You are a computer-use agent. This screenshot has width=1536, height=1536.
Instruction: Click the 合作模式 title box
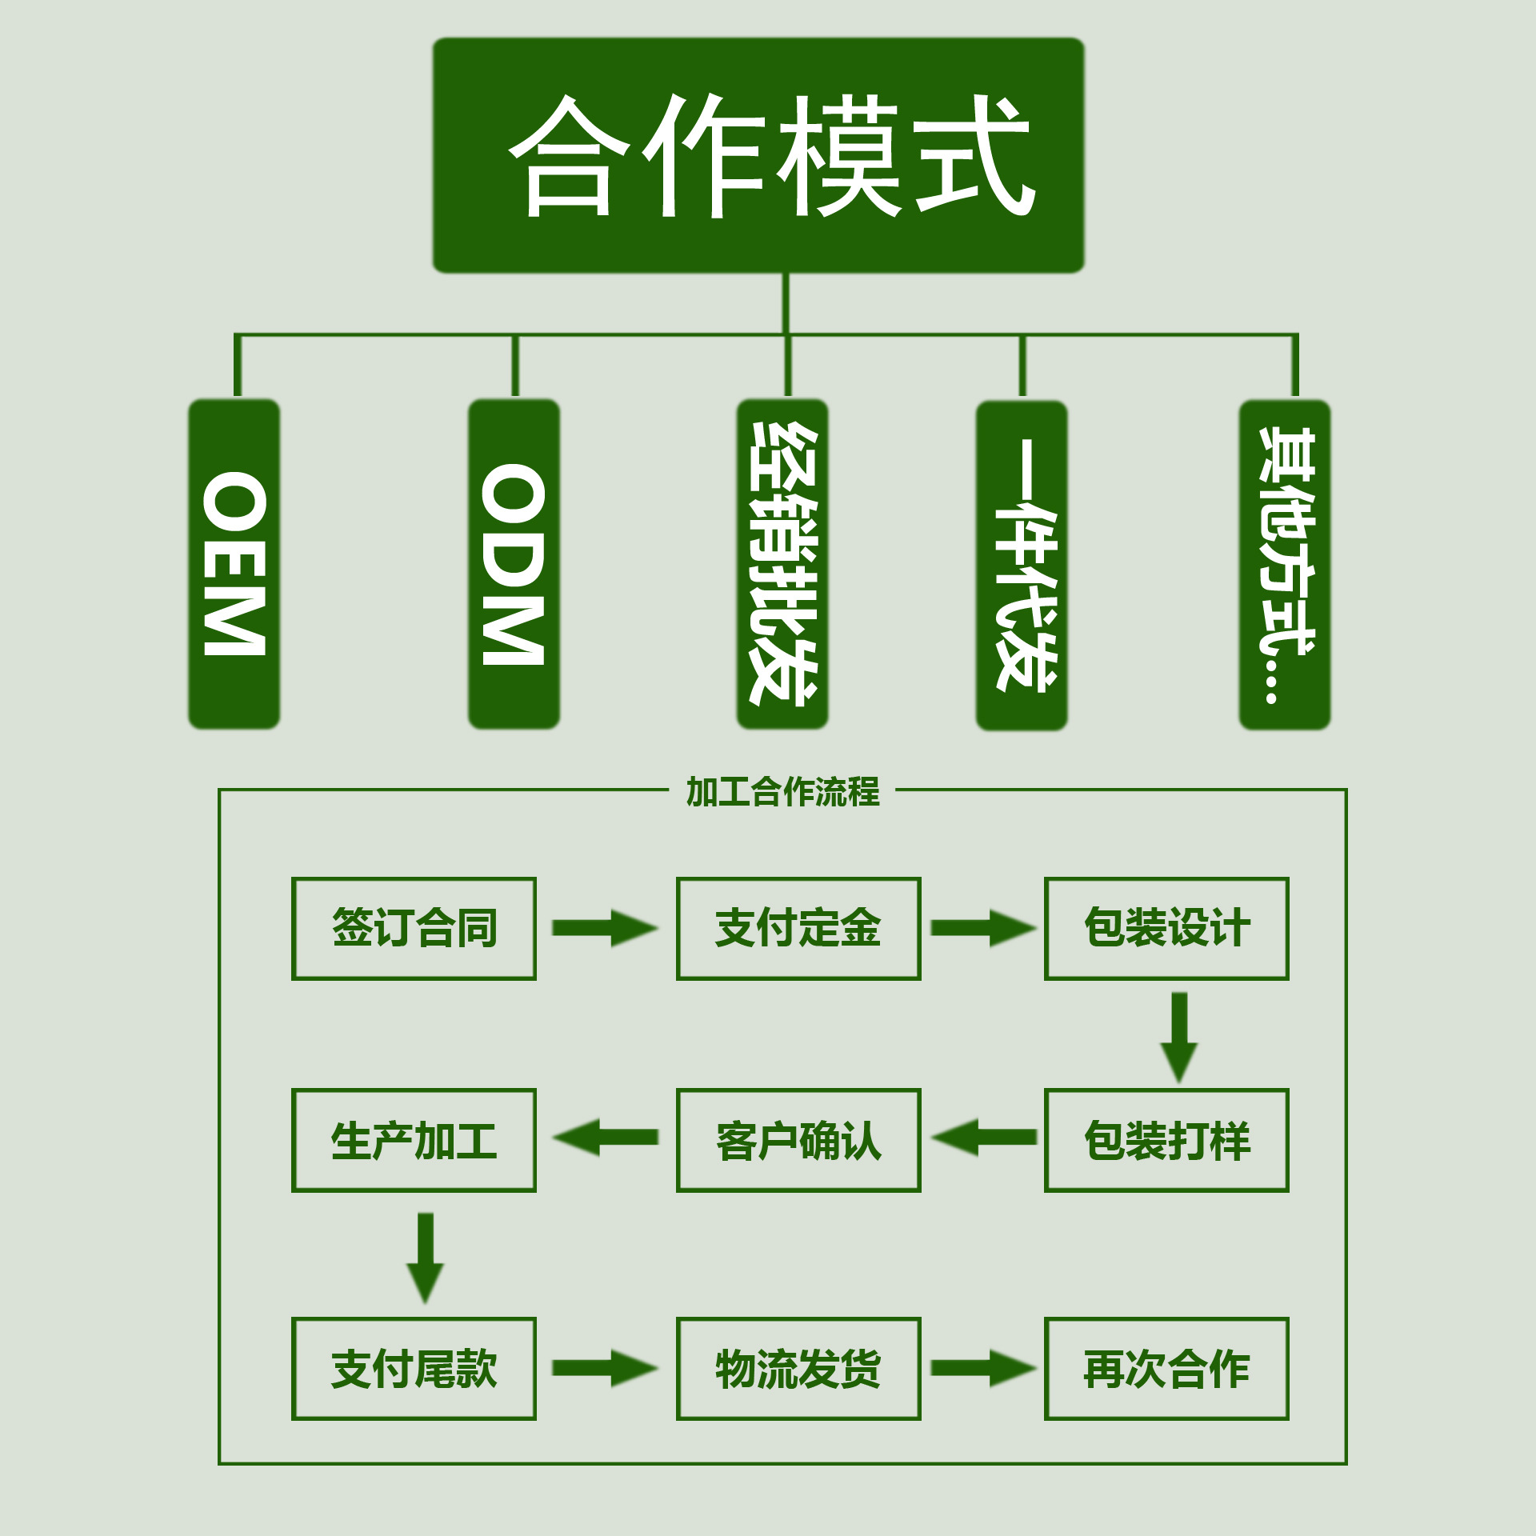coord(758,155)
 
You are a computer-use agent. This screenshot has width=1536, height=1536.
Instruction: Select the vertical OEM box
coord(234,564)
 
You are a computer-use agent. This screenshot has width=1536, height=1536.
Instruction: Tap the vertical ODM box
coord(514,564)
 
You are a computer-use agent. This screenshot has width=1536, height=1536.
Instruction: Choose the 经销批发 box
coord(782,564)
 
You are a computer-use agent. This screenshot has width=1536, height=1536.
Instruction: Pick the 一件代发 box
coord(1022,565)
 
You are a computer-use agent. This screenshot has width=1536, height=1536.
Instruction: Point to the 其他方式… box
coord(1284,565)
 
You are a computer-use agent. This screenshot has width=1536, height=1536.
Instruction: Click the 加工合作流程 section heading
coord(782,792)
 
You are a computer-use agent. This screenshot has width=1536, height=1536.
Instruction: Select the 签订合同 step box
coord(414,928)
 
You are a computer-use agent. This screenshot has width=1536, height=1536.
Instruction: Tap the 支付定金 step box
coord(798,928)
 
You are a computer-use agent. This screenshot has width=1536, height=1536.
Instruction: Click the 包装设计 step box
coord(1166,928)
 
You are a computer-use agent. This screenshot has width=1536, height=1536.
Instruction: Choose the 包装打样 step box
coord(1166,1140)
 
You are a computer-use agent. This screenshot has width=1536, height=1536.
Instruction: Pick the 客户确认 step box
coord(798,1140)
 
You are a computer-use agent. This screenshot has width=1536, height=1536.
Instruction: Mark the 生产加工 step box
coord(414,1140)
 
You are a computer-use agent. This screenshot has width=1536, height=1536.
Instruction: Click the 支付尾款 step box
coord(414,1369)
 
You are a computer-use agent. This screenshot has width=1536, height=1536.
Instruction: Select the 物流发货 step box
coord(798,1369)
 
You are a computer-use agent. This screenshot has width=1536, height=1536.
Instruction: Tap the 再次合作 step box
coord(1166,1369)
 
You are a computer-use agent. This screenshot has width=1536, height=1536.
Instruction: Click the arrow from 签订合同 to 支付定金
coord(605,928)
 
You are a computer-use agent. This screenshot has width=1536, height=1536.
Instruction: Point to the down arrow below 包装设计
coord(1179,1037)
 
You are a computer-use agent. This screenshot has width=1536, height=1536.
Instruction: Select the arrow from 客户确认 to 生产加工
coord(605,1138)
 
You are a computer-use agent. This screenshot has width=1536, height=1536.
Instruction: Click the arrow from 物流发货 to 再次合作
coord(983,1368)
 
